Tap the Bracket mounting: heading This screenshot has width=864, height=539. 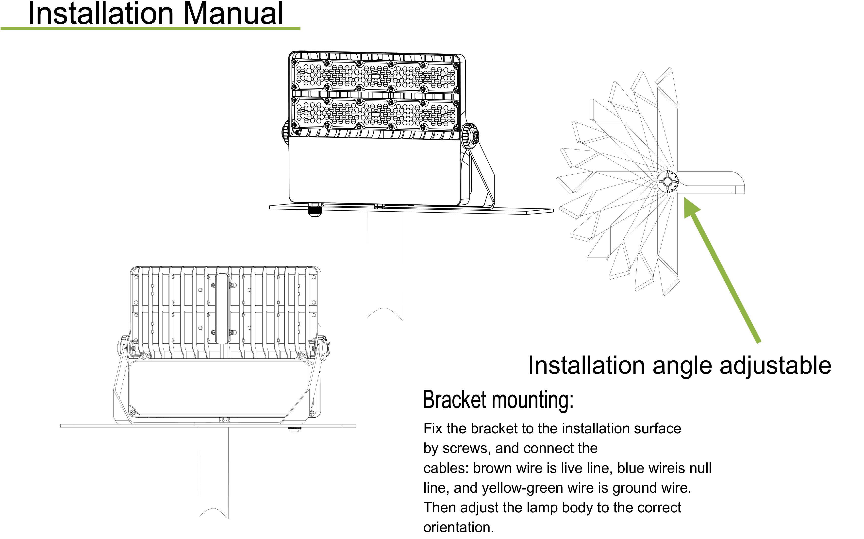click(x=498, y=400)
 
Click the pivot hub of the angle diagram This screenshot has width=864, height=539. click(x=667, y=182)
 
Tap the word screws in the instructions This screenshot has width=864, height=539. click(x=465, y=448)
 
